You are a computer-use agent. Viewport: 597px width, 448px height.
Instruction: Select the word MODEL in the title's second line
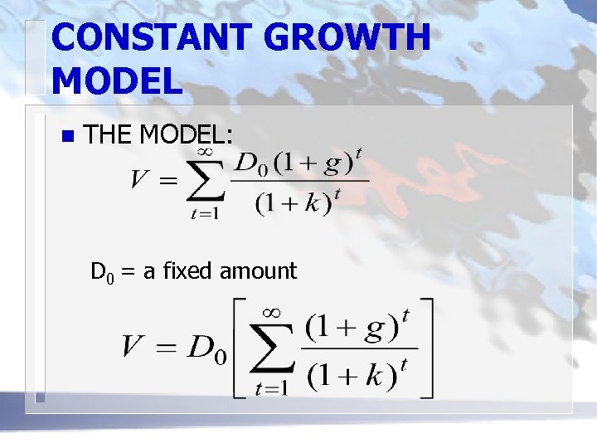(116, 81)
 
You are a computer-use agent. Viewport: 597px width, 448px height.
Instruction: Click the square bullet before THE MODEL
(67, 134)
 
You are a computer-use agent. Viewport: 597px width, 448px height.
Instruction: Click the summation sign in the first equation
(206, 180)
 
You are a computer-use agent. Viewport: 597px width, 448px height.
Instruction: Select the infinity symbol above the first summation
(206, 151)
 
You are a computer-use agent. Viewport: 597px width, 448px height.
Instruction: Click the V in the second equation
(135, 347)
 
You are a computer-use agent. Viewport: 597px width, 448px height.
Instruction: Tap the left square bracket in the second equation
(242, 348)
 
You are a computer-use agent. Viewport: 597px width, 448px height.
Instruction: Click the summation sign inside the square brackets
(273, 349)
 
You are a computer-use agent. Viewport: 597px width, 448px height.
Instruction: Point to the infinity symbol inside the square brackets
(273, 313)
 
